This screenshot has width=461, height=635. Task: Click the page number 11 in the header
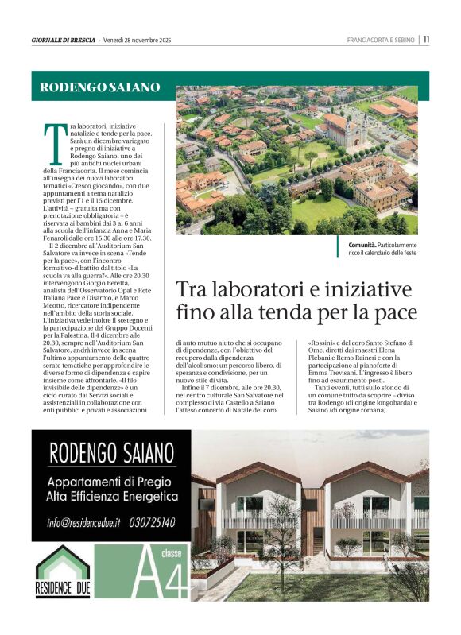426,39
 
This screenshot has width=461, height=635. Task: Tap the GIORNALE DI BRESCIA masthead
64,40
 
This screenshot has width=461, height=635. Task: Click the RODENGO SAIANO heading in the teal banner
99,87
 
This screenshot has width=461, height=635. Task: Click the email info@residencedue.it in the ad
83,522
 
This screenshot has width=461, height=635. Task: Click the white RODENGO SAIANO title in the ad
111,455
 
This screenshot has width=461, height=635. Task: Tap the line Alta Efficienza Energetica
111,497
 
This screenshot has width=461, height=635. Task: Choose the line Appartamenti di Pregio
111,482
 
